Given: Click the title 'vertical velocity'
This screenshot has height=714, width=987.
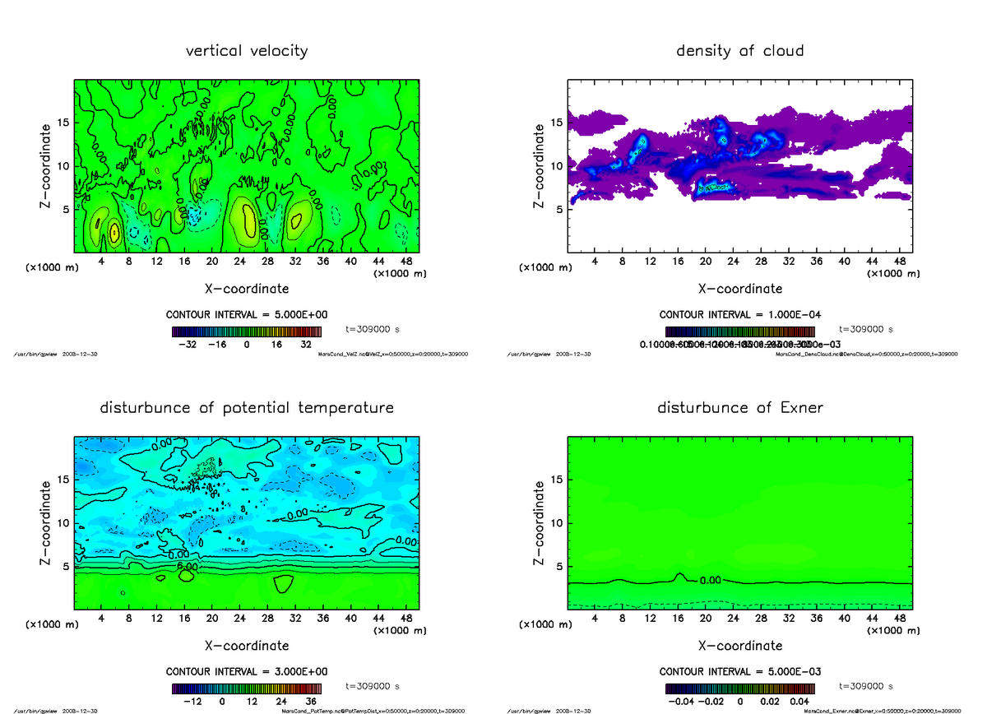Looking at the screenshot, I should [x=247, y=51].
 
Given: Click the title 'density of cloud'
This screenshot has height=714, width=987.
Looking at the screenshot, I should [x=739, y=51].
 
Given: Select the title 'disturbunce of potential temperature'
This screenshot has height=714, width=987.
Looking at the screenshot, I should [x=247, y=408].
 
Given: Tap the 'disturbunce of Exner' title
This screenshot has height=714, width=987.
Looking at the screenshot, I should [x=739, y=408].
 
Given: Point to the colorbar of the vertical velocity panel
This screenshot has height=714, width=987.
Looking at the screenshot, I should [x=247, y=332].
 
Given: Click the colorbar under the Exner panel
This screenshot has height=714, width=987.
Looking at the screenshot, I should [x=739, y=689].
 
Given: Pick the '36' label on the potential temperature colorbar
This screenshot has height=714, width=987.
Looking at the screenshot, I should [x=312, y=702].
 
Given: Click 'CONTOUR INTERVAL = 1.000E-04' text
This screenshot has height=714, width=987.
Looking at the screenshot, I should [x=739, y=315].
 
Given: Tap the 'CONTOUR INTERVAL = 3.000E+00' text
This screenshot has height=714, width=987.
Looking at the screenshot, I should [x=247, y=672].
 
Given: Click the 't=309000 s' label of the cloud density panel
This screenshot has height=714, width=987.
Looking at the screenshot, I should [x=866, y=328].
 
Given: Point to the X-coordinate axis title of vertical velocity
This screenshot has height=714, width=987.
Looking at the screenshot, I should [x=247, y=289].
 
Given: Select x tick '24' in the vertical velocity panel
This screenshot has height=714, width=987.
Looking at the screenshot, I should [x=239, y=262].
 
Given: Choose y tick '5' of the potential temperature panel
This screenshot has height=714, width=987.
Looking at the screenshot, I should [x=66, y=566].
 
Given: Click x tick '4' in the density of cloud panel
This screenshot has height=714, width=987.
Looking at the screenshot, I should [x=595, y=262].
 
